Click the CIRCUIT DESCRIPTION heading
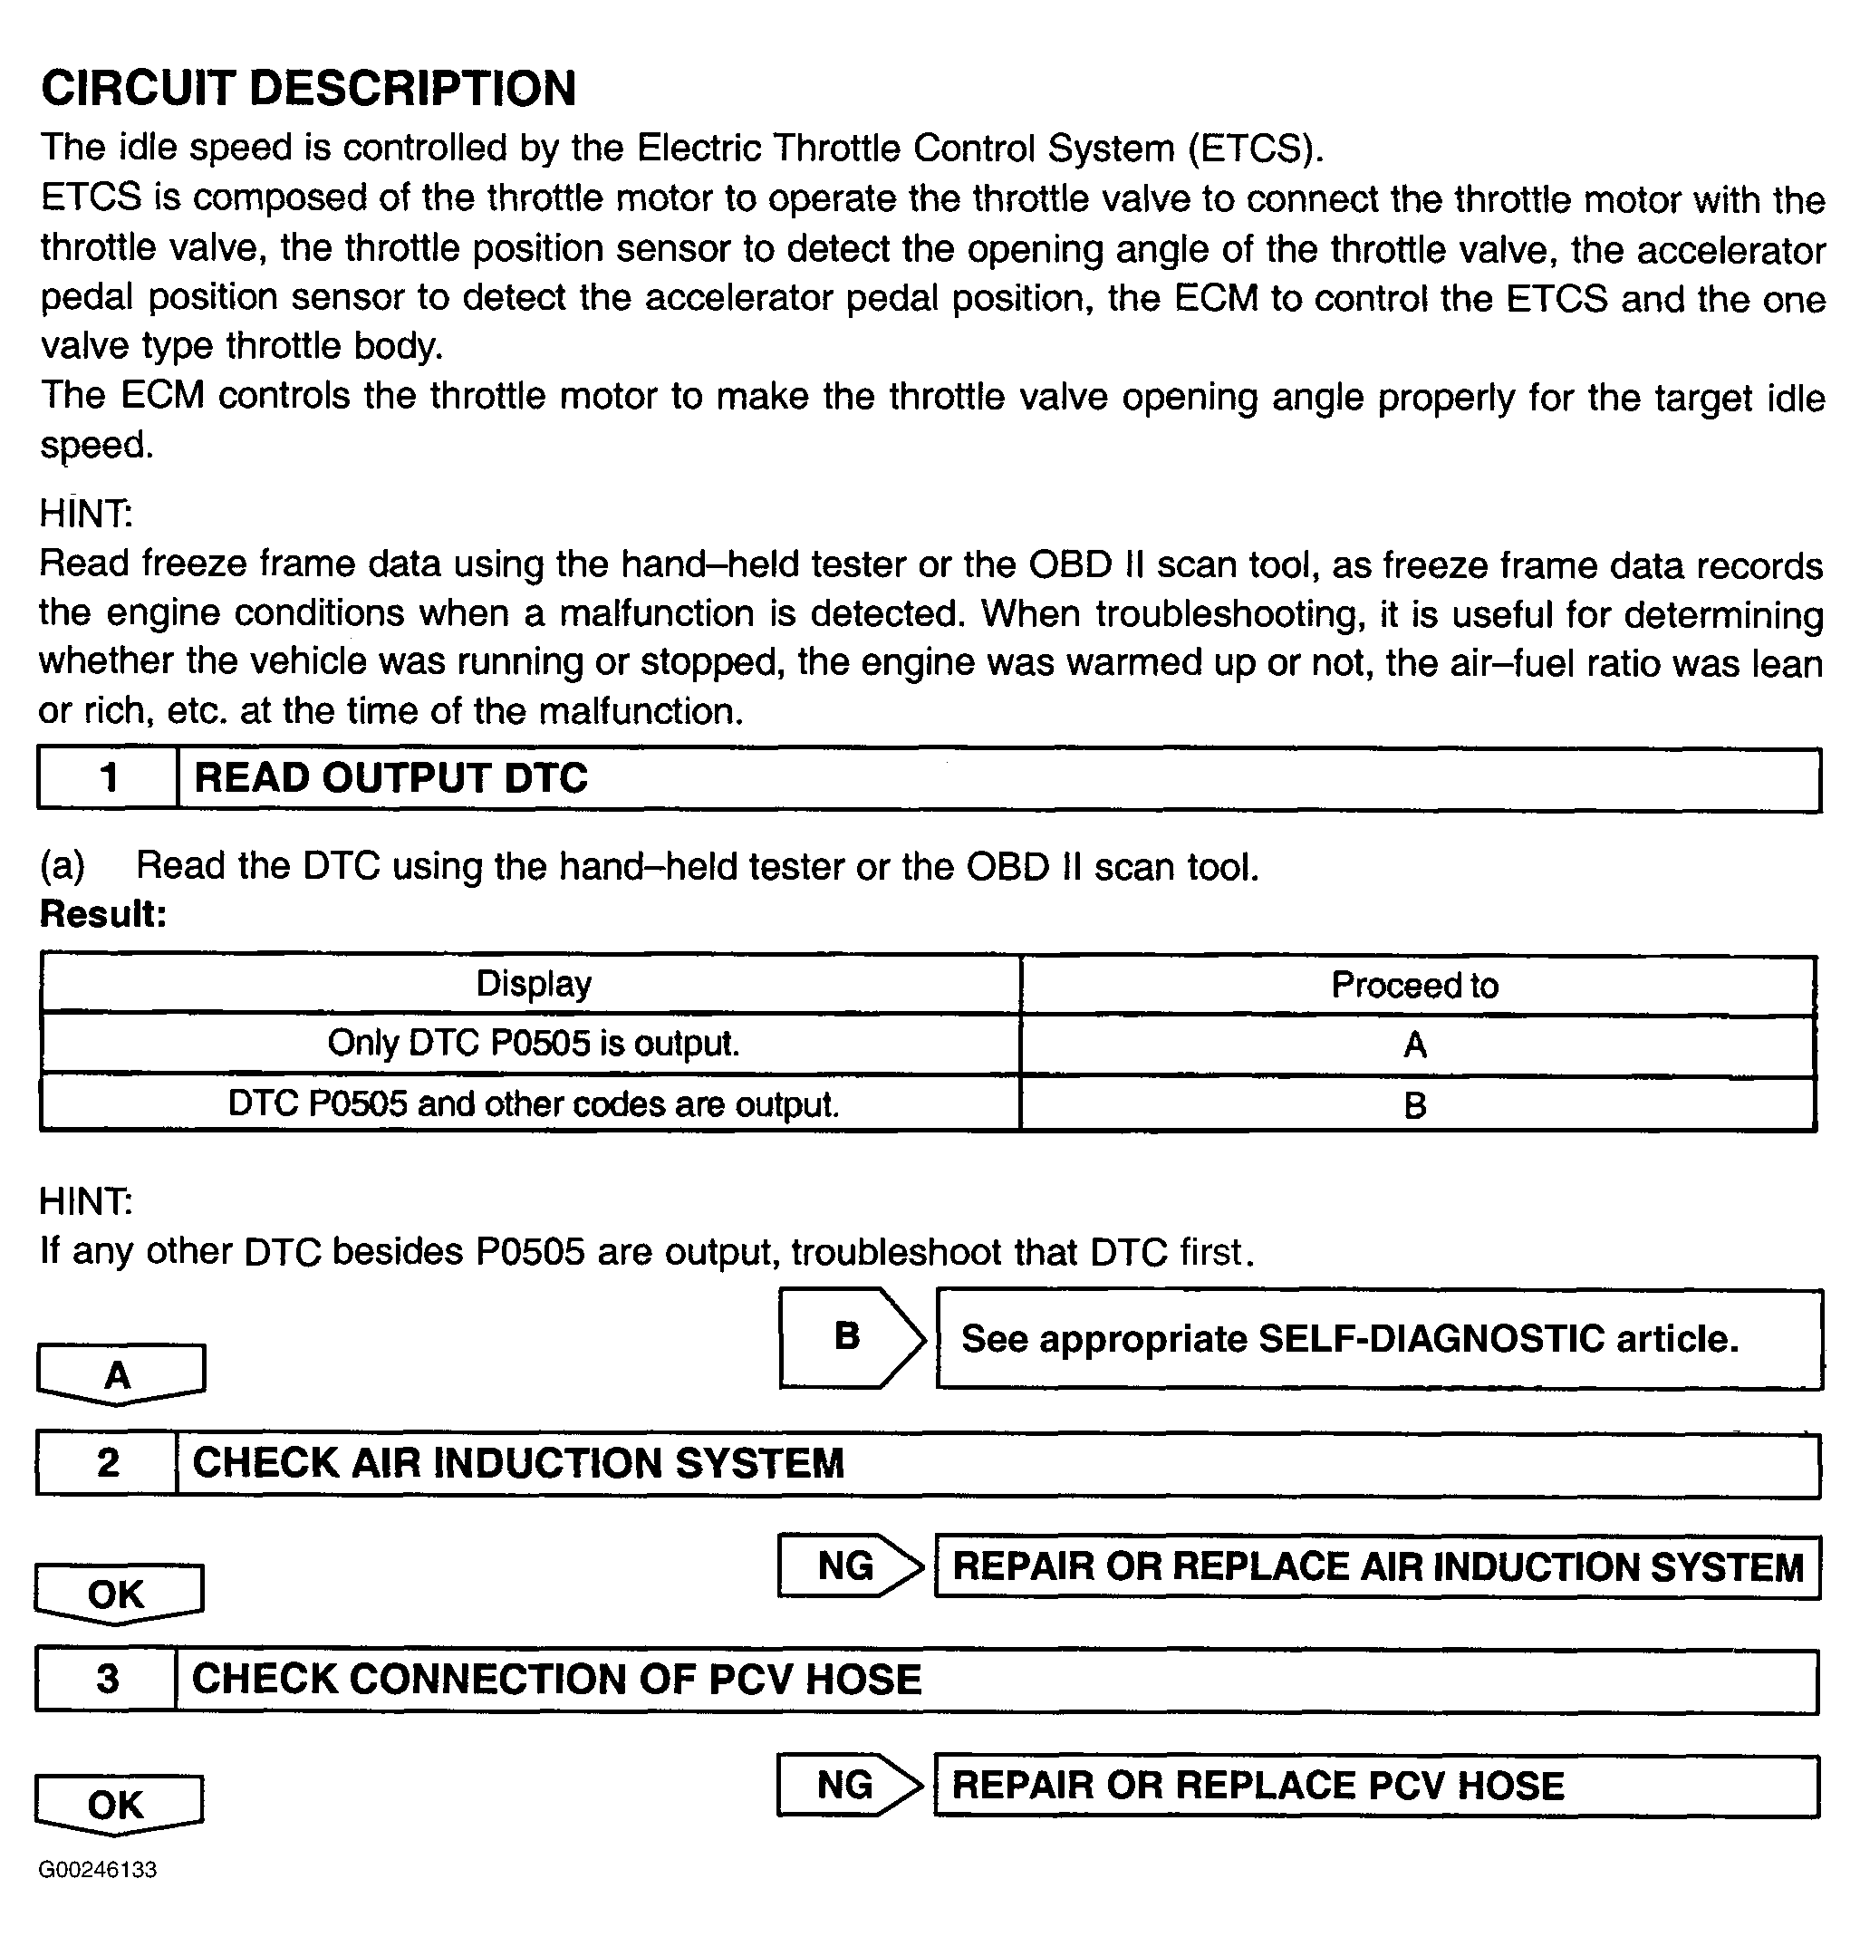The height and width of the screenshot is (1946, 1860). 308,88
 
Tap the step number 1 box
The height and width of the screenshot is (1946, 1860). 108,779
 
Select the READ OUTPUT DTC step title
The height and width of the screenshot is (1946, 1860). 390,779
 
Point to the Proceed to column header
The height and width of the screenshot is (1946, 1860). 1415,986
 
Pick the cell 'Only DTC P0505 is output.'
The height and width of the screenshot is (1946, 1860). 534,1044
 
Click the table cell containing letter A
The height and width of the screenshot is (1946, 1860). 1415,1045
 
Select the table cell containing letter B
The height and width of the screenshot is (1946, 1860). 1415,1104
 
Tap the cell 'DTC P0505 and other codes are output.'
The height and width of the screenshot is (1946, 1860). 534,1103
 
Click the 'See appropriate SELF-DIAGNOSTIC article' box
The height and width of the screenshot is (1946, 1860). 1378,1339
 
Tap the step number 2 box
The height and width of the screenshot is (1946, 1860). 107,1463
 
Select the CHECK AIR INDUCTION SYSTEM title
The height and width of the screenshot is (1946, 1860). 517,1464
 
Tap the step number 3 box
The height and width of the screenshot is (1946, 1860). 107,1680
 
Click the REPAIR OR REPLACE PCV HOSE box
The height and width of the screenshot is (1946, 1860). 1376,1786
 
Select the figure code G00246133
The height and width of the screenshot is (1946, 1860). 98,1870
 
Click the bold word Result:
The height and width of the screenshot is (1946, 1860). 103,914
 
